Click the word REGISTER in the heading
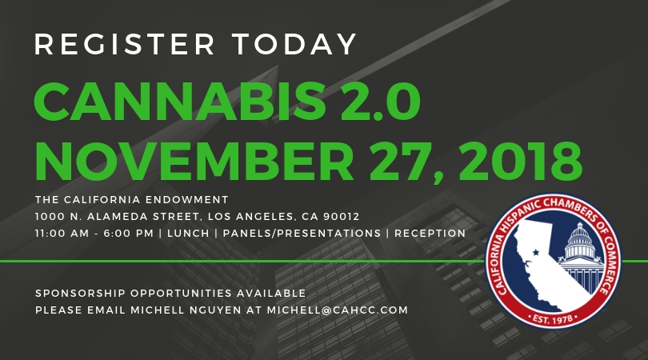click(125, 44)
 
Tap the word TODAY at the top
click(294, 44)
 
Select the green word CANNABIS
click(181, 102)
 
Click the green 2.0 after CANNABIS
click(380, 102)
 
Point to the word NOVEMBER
click(194, 162)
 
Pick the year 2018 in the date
click(520, 162)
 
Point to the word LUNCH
click(188, 234)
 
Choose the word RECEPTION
click(430, 234)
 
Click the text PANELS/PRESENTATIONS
click(302, 234)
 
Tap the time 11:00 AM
click(62, 234)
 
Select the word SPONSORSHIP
click(80, 294)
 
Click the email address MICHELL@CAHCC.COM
click(338, 310)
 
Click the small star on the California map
click(535, 252)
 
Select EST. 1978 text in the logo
click(553, 319)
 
